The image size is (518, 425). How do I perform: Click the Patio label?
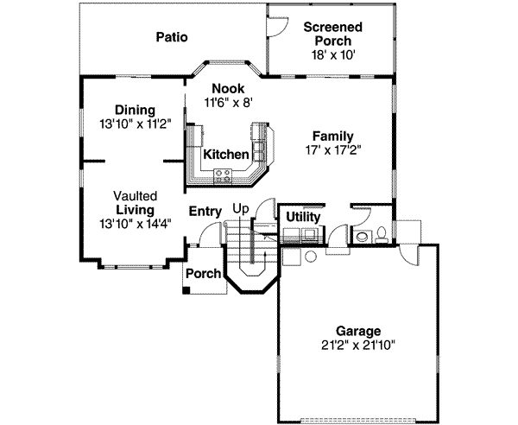[172, 36]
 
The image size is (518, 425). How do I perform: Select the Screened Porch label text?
[332, 34]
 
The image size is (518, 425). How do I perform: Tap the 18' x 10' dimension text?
[332, 54]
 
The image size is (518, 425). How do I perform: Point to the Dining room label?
[135, 110]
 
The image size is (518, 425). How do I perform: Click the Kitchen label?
[226, 155]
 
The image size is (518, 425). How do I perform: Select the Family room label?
[332, 136]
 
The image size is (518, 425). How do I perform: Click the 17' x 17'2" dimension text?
[332, 149]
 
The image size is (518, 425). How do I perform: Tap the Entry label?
[205, 210]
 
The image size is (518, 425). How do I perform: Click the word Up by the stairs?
[242, 209]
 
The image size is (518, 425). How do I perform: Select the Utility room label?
[303, 217]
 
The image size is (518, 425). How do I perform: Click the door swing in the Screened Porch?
[277, 26]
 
